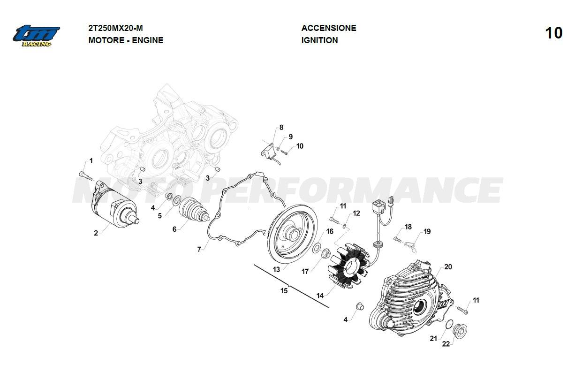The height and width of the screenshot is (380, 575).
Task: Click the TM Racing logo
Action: pos(37,35)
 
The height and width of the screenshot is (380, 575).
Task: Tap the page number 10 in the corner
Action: pos(553,33)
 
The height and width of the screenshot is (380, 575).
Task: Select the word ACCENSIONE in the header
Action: pos(329,28)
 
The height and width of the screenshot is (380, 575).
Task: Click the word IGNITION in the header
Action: pos(319,40)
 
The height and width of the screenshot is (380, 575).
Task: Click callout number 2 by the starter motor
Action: pos(96,233)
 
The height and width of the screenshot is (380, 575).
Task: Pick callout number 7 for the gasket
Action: pos(199,250)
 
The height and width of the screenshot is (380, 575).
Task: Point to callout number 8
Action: pos(281,128)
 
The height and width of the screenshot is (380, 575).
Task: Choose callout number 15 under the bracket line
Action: pos(284,291)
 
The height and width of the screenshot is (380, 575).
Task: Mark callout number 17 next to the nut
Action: pos(305,271)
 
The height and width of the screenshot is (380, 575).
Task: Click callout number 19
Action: pos(427,231)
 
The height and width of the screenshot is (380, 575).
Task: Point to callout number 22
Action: pos(446,344)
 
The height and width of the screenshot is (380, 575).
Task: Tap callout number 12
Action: pos(356,213)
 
